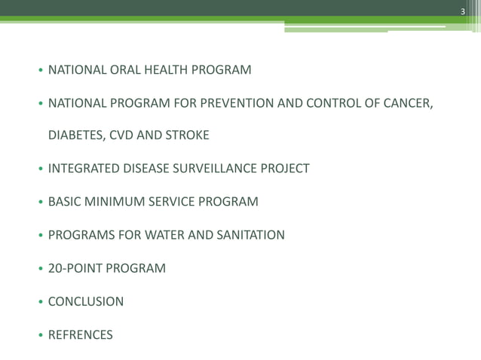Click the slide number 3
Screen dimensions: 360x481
click(x=464, y=10)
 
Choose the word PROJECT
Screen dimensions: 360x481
click(x=284, y=169)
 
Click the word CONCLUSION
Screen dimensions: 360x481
click(x=86, y=301)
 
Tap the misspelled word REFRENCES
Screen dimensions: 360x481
click(x=81, y=334)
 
